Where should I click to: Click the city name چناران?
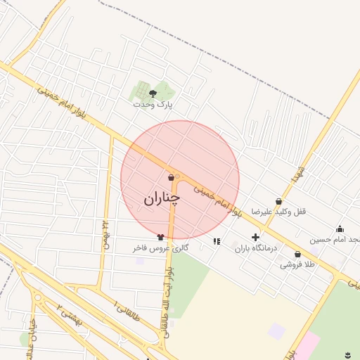[162, 199]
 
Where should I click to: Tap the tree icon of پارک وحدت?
[153, 94]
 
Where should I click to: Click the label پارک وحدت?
[153, 104]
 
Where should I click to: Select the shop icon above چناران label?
[172, 179]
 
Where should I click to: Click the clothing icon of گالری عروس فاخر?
[161, 237]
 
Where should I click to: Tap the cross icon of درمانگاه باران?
[255, 238]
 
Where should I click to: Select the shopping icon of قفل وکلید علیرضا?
[278, 201]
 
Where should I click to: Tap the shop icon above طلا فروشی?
[297, 254]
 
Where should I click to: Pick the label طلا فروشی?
[297, 264]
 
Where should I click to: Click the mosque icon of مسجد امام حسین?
[340, 229]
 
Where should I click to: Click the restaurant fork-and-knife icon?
[217, 241]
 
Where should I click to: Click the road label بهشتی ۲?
[70, 317]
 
